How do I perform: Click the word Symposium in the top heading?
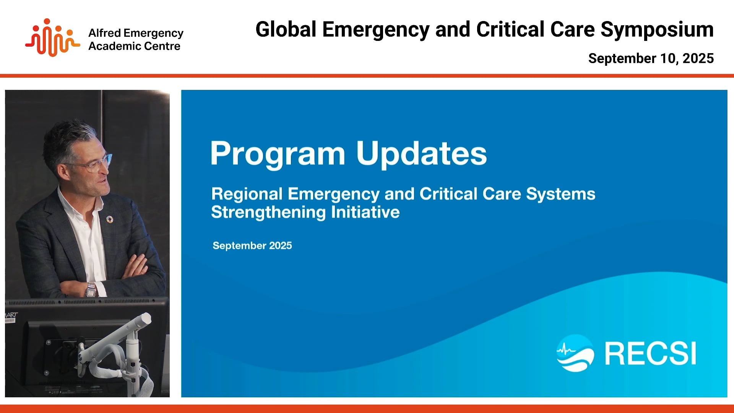pos(657,30)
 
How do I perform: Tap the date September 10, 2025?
pos(651,59)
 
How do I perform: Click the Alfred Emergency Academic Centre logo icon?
pos(52,37)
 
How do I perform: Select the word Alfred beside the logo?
pos(104,33)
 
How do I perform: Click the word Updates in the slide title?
pos(421,154)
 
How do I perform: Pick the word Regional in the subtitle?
pos(247,194)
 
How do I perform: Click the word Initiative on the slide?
pos(365,212)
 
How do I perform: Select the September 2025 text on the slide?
pos(252,246)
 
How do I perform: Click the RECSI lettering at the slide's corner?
pos(650,354)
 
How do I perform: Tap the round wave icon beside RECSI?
pos(575,353)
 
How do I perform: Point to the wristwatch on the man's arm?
pos(91,289)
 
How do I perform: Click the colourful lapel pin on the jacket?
pos(110,219)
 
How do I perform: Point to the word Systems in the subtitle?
pos(561,194)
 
